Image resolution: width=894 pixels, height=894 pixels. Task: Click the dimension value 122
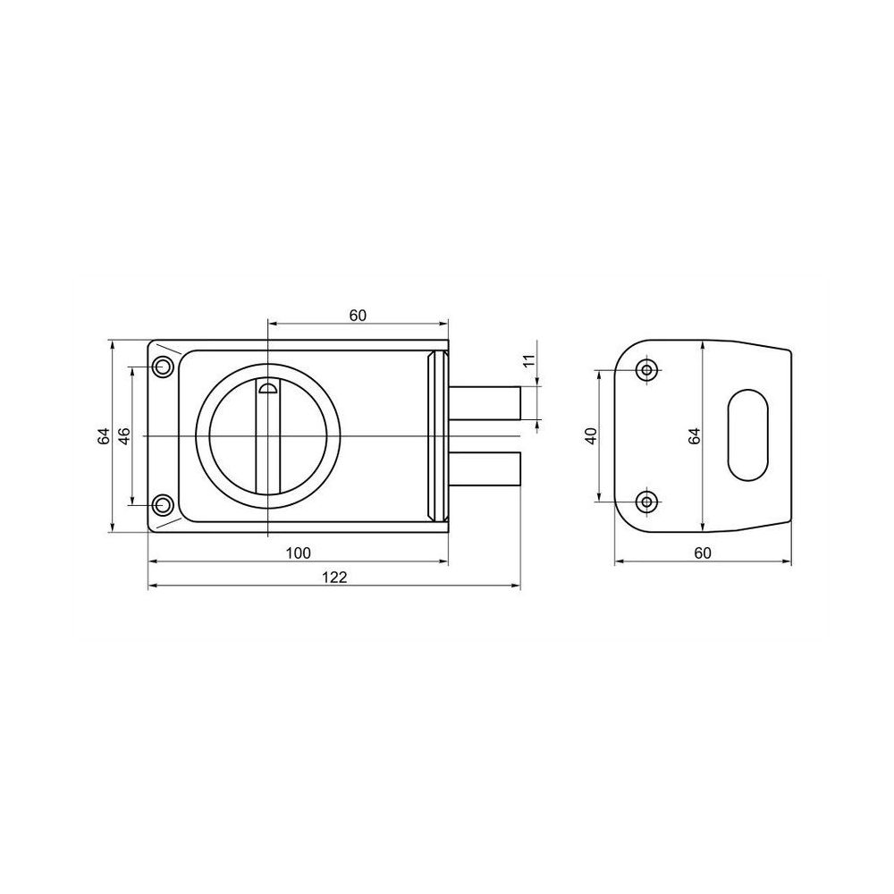[334, 577]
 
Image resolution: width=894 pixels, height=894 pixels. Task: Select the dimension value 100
[299, 552]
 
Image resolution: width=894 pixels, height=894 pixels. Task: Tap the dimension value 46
[124, 435]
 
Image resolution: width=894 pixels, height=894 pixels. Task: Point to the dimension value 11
[529, 360]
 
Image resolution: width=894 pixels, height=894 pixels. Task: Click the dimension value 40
[591, 435]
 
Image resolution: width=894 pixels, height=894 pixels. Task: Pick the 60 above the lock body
[358, 316]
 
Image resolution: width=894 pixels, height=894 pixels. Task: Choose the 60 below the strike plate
[703, 553]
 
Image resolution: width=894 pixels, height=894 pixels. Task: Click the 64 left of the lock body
[103, 436]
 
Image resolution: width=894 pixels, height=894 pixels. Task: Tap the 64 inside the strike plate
[694, 436]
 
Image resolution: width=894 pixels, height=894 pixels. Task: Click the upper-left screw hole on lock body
[163, 367]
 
